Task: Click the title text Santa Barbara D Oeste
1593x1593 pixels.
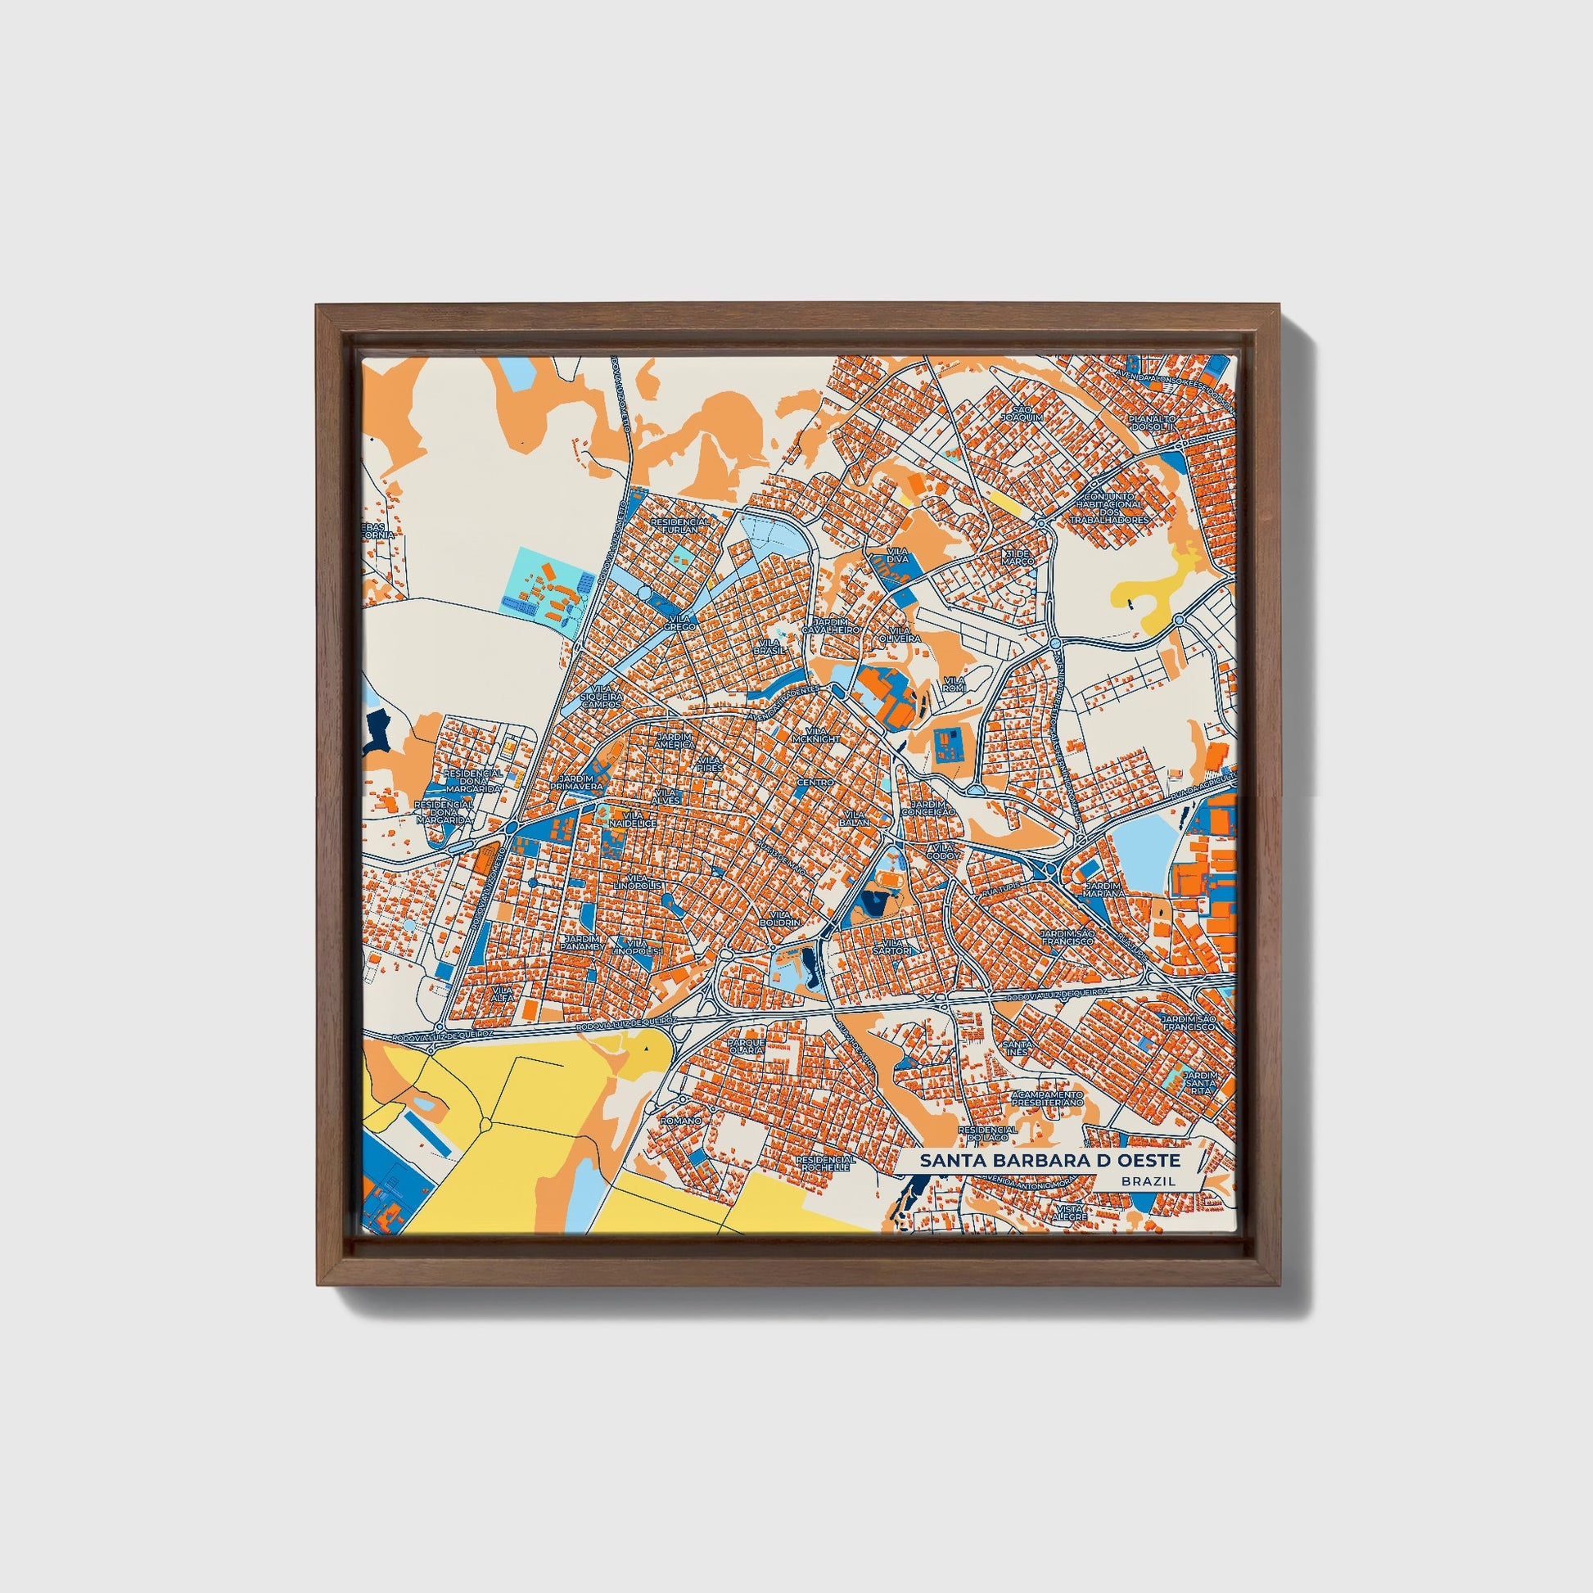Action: [1050, 1160]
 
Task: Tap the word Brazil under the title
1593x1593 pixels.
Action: [1148, 1180]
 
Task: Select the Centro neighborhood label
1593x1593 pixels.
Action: [815, 782]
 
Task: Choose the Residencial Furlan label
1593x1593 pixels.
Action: [680, 526]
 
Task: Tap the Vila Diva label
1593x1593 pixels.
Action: [897, 554]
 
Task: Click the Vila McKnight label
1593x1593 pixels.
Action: [816, 734]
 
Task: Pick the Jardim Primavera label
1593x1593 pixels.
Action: [580, 783]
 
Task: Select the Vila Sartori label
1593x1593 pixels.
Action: [898, 946]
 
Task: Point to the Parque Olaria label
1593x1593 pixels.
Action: [747, 1045]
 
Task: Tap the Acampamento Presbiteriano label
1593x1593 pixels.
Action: [1047, 1098]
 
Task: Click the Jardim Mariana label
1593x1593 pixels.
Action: [1106, 889]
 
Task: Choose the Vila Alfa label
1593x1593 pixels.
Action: [502, 993]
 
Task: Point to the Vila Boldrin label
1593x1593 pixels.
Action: [780, 918]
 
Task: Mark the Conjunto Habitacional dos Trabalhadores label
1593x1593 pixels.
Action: [1109, 508]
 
